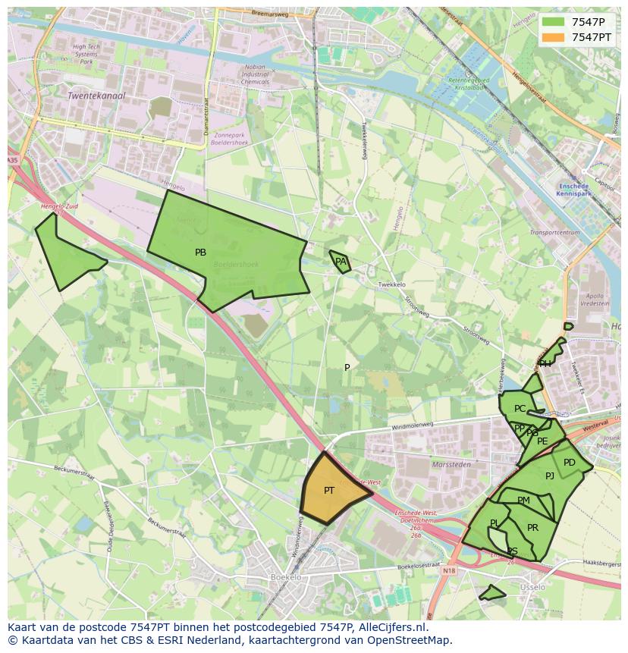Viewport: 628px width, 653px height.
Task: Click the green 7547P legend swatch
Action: [554, 22]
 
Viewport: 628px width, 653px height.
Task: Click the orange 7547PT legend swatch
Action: [554, 37]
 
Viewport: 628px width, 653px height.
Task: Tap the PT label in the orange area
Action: [329, 491]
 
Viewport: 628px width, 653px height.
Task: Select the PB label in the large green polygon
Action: [200, 253]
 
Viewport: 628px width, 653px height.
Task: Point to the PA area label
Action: [341, 262]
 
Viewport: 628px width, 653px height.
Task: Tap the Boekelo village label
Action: [286, 577]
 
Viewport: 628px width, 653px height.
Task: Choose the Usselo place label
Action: [532, 587]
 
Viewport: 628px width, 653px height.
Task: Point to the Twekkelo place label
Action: [391, 284]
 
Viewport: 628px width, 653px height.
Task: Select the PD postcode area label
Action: [569, 463]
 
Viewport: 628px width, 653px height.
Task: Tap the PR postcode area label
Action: [532, 528]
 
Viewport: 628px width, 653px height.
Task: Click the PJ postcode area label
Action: [550, 476]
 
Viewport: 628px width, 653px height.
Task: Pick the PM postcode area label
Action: [523, 501]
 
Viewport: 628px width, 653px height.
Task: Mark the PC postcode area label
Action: [520, 409]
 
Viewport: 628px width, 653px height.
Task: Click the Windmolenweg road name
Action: [413, 426]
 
